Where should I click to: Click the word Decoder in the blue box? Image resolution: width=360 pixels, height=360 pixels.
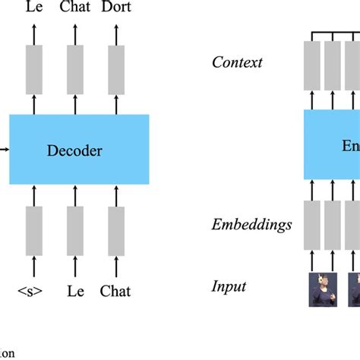click(x=74, y=150)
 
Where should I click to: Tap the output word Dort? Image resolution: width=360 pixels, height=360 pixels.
click(x=115, y=8)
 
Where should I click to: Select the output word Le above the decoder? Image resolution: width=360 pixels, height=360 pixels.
click(x=34, y=8)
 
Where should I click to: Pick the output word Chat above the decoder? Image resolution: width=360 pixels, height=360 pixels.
click(x=74, y=8)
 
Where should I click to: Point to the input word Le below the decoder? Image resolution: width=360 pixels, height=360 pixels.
click(x=74, y=290)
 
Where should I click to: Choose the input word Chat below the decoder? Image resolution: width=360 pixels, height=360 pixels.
click(x=115, y=290)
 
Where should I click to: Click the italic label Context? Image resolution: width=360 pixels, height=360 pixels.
click(x=236, y=62)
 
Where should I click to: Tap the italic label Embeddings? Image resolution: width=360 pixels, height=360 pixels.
click(x=251, y=224)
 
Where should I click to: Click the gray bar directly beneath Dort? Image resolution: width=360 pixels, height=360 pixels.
click(x=115, y=69)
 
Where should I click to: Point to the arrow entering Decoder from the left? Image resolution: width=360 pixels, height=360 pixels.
click(x=5, y=150)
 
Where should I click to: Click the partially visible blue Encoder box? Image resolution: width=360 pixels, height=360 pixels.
click(x=332, y=144)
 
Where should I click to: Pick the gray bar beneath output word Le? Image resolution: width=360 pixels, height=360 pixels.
click(x=34, y=69)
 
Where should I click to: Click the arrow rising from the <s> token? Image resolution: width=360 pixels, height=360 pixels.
click(x=34, y=267)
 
